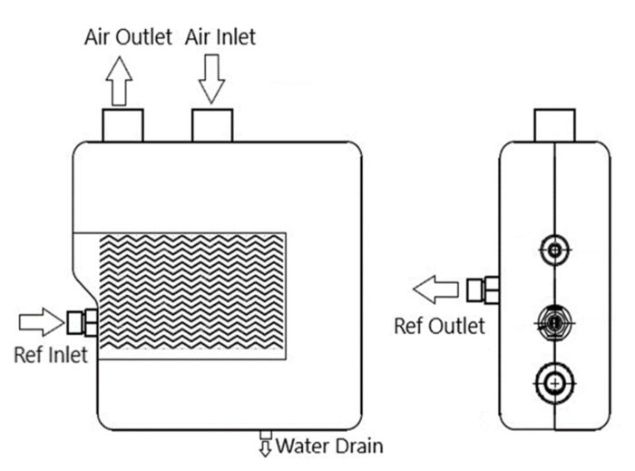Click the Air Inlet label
coord(220,37)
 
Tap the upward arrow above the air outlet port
coord(119,84)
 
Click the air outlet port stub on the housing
coord(122,125)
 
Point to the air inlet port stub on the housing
coord(211,125)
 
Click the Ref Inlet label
coord(51,354)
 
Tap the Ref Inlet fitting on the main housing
coord(83,321)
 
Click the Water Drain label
coord(329,446)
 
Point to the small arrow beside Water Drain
coord(266,446)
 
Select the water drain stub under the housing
coord(266,433)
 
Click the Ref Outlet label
coord(440,325)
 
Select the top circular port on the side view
coord(554,248)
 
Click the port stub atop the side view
coord(554,125)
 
